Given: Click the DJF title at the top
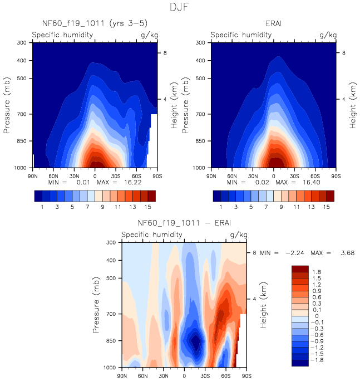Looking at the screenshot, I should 180,7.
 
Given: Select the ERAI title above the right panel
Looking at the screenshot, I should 273,23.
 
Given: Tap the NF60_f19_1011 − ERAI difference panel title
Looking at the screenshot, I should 184,224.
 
